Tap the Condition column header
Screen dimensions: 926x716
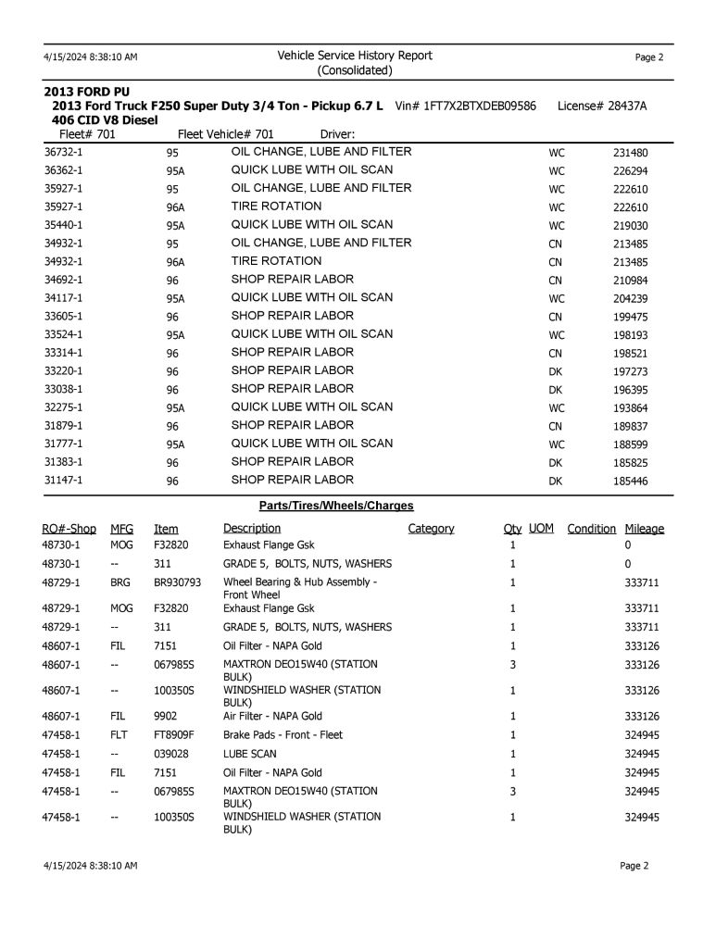click(591, 529)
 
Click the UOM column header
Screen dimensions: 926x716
click(541, 529)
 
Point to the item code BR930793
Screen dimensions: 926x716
click(177, 583)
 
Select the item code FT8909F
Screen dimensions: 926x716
click(173, 735)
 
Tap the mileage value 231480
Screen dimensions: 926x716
click(630, 153)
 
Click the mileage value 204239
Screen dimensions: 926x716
click(630, 299)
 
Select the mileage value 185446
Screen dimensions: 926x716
click(630, 482)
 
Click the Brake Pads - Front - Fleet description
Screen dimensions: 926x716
click(283, 735)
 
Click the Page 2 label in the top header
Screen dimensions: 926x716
click(649, 57)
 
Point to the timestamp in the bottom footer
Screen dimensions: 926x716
click(91, 866)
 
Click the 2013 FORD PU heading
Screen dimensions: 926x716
click(87, 92)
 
